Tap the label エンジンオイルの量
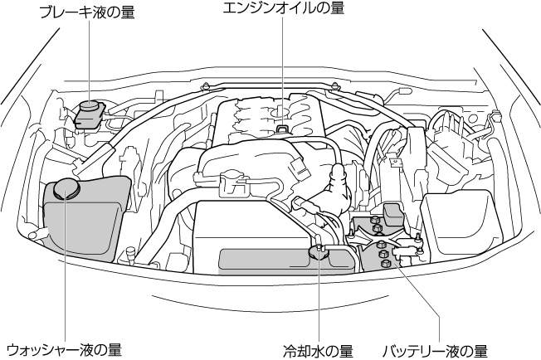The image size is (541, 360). (x=283, y=7)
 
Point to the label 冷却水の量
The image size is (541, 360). (x=318, y=349)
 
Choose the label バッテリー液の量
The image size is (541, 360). (x=434, y=349)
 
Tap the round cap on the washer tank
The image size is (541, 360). (x=64, y=189)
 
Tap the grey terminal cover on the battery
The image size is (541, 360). (x=392, y=213)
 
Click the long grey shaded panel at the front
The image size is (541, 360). (x=286, y=260)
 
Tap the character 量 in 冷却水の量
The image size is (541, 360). (x=346, y=349)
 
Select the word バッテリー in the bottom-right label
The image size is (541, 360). (x=412, y=349)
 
